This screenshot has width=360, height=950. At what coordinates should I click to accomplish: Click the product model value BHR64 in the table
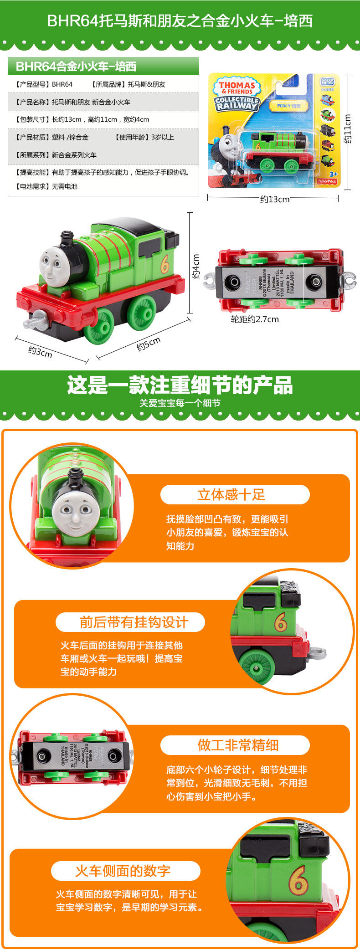62,84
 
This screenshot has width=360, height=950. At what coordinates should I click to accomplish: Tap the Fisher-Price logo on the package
327,181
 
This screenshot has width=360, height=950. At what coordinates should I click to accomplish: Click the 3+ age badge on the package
333,174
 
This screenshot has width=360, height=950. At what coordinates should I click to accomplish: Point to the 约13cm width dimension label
275,199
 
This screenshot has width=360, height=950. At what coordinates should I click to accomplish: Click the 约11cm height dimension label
348,129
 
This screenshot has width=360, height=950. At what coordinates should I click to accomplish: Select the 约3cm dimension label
40,352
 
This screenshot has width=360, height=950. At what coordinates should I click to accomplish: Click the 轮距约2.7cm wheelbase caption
255,319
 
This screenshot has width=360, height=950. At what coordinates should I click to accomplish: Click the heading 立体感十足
231,494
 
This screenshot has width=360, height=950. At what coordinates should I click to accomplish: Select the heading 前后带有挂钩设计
134,622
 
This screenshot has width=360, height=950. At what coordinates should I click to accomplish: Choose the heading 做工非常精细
238,745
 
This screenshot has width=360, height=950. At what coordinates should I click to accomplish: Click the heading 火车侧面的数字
123,871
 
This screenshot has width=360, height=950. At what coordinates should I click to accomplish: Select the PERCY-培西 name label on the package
289,106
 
